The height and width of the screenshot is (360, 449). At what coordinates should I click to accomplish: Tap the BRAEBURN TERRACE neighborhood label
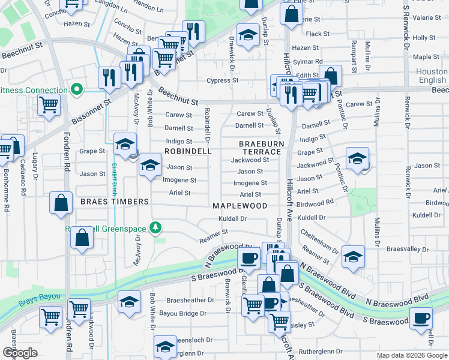click(x=260, y=148)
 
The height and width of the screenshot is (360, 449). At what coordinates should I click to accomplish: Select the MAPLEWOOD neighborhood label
click(x=240, y=205)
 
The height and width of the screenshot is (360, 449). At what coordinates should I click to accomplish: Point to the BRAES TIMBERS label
click(x=114, y=202)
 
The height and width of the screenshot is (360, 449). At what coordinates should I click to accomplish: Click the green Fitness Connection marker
click(x=76, y=90)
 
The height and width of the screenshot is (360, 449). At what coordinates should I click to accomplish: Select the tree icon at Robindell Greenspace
click(x=156, y=227)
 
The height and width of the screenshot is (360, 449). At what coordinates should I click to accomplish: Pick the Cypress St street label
click(x=223, y=80)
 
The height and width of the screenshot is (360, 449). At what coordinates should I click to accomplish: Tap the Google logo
click(x=20, y=353)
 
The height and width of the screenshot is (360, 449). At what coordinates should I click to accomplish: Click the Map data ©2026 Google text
click(x=411, y=355)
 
